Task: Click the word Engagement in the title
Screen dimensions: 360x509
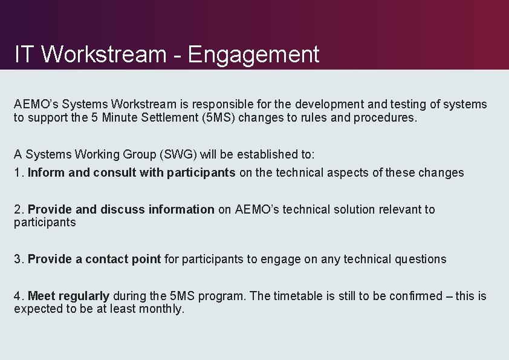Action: (x=253, y=55)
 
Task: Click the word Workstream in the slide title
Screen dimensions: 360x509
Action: (x=103, y=55)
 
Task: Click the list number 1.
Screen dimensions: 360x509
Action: (x=18, y=173)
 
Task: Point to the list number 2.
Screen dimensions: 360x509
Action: (x=18, y=210)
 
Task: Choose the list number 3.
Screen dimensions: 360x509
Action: (x=18, y=260)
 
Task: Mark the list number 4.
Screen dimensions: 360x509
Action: (x=18, y=296)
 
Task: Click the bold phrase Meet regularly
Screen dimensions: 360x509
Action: (x=68, y=296)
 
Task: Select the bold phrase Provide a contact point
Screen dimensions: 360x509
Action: (x=94, y=260)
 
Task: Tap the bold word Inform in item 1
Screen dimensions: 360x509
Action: (x=46, y=173)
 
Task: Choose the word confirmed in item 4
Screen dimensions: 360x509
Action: (x=415, y=296)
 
